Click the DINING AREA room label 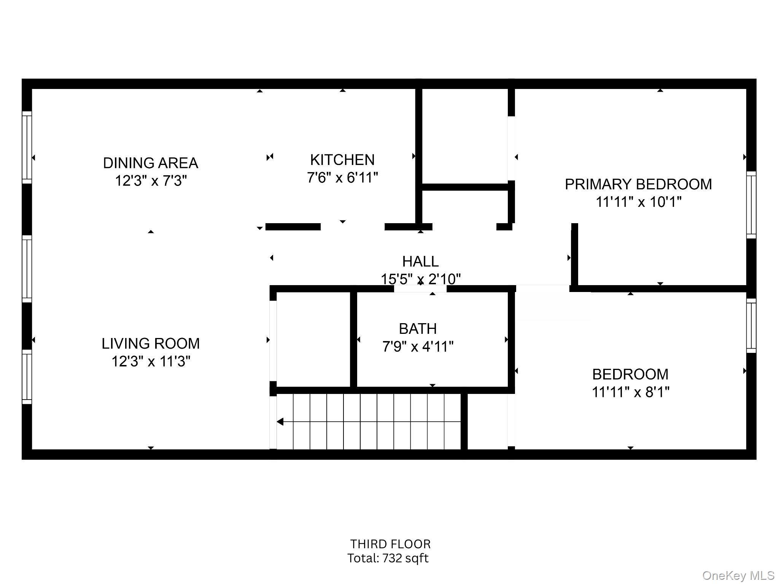pyautogui.click(x=151, y=163)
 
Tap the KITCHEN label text pyautogui.click(x=342, y=160)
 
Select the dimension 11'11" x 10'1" pyautogui.click(x=638, y=202)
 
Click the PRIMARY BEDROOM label pyautogui.click(x=638, y=184)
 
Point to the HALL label pyautogui.click(x=420, y=262)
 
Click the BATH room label pyautogui.click(x=418, y=329)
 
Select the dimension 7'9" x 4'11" pyautogui.click(x=418, y=347)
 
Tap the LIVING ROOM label pyautogui.click(x=151, y=344)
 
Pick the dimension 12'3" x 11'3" pyautogui.click(x=151, y=362)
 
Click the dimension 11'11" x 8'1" pyautogui.click(x=630, y=392)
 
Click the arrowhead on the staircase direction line pyautogui.click(x=280, y=422)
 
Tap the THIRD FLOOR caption pyautogui.click(x=390, y=544)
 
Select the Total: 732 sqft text pyautogui.click(x=388, y=558)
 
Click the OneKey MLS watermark pyautogui.click(x=738, y=575)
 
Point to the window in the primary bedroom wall pyautogui.click(x=751, y=205)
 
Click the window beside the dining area pyautogui.click(x=27, y=147)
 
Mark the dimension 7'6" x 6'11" pyautogui.click(x=342, y=178)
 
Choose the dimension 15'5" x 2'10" pyautogui.click(x=420, y=279)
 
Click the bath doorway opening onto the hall pyautogui.click(x=420, y=289)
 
